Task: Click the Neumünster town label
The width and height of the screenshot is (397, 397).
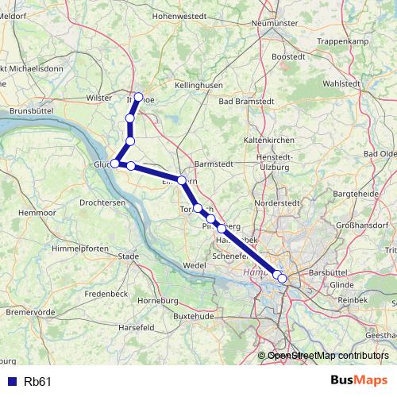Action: point(273,23)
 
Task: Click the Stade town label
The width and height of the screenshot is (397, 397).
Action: point(128,256)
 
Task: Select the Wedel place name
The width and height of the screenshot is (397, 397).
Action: point(194,264)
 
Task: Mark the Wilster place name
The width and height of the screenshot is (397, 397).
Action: point(100,97)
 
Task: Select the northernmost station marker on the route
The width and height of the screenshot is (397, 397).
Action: point(139,97)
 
